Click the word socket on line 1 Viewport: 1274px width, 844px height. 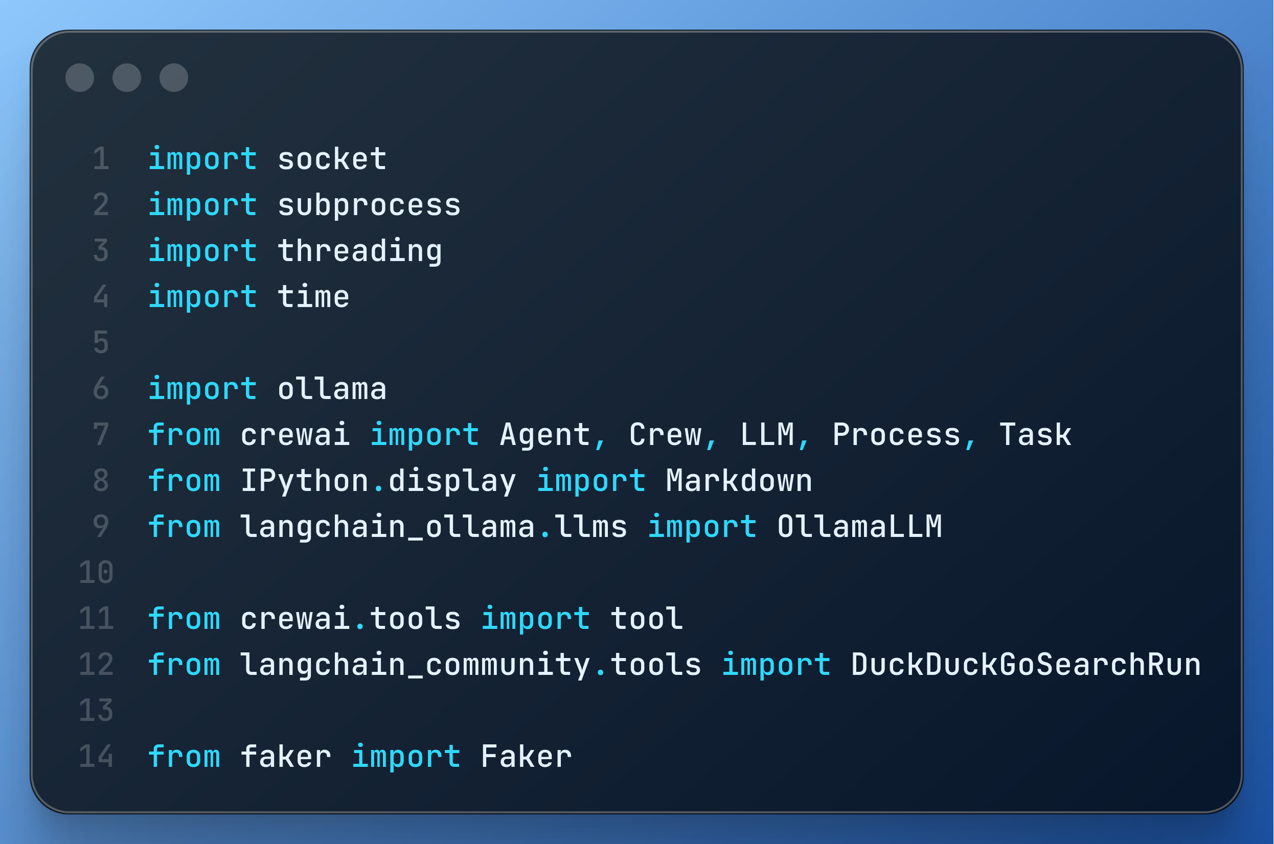point(332,159)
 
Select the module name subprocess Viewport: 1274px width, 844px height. point(370,205)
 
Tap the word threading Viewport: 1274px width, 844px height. point(360,251)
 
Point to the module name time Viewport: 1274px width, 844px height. point(313,297)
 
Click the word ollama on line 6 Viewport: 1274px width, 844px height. point(332,389)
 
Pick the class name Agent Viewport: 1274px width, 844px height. point(545,435)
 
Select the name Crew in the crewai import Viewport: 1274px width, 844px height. point(666,435)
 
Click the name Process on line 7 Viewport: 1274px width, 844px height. point(897,435)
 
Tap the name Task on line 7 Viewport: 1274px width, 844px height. point(1035,435)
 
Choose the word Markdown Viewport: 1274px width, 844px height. point(739,481)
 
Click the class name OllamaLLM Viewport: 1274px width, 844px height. point(859,526)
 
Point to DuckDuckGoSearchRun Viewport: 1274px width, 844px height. point(1026,665)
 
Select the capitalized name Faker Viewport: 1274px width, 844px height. point(526,757)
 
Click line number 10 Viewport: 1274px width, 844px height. point(97,573)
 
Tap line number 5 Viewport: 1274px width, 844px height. point(101,343)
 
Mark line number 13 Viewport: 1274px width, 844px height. point(97,711)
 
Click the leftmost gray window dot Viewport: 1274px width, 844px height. point(80,78)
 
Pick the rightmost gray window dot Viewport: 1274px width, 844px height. point(174,78)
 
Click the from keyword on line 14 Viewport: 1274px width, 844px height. point(184,757)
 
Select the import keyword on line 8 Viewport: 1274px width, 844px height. point(591,481)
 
